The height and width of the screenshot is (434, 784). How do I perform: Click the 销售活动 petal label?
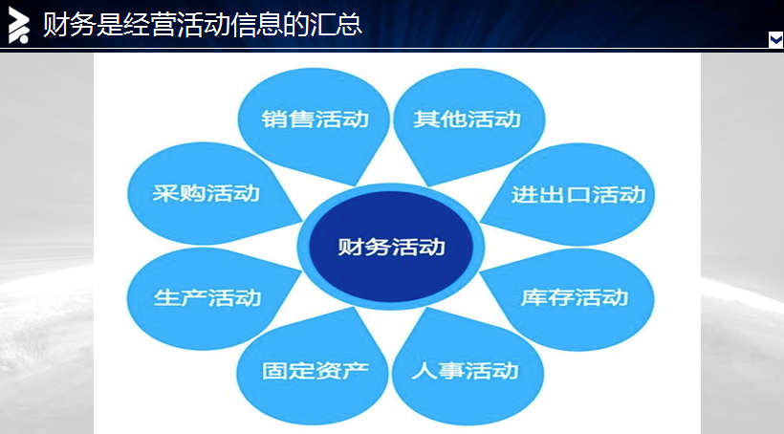(x=315, y=119)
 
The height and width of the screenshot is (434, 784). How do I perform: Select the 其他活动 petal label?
(x=467, y=119)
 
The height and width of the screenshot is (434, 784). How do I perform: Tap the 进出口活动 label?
(x=578, y=194)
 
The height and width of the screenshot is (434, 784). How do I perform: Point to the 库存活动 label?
(x=575, y=297)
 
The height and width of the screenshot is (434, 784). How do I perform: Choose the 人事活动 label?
(x=465, y=371)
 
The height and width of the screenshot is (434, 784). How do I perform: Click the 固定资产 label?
(x=315, y=371)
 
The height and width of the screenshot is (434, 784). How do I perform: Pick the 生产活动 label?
(x=207, y=297)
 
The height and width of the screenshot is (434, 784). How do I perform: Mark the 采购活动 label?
(x=206, y=193)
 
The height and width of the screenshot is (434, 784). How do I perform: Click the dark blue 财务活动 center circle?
(x=391, y=247)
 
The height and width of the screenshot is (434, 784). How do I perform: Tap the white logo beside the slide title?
(x=18, y=25)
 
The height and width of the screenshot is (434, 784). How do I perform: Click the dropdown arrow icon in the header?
(x=775, y=39)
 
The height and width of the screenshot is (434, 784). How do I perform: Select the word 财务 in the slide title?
(x=69, y=24)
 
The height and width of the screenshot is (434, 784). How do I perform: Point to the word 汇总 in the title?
(x=336, y=24)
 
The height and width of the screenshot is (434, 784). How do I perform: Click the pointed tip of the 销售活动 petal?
(x=356, y=185)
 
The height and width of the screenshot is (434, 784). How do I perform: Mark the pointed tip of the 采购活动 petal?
(x=302, y=221)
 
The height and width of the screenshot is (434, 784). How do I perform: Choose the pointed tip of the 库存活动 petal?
(x=481, y=273)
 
